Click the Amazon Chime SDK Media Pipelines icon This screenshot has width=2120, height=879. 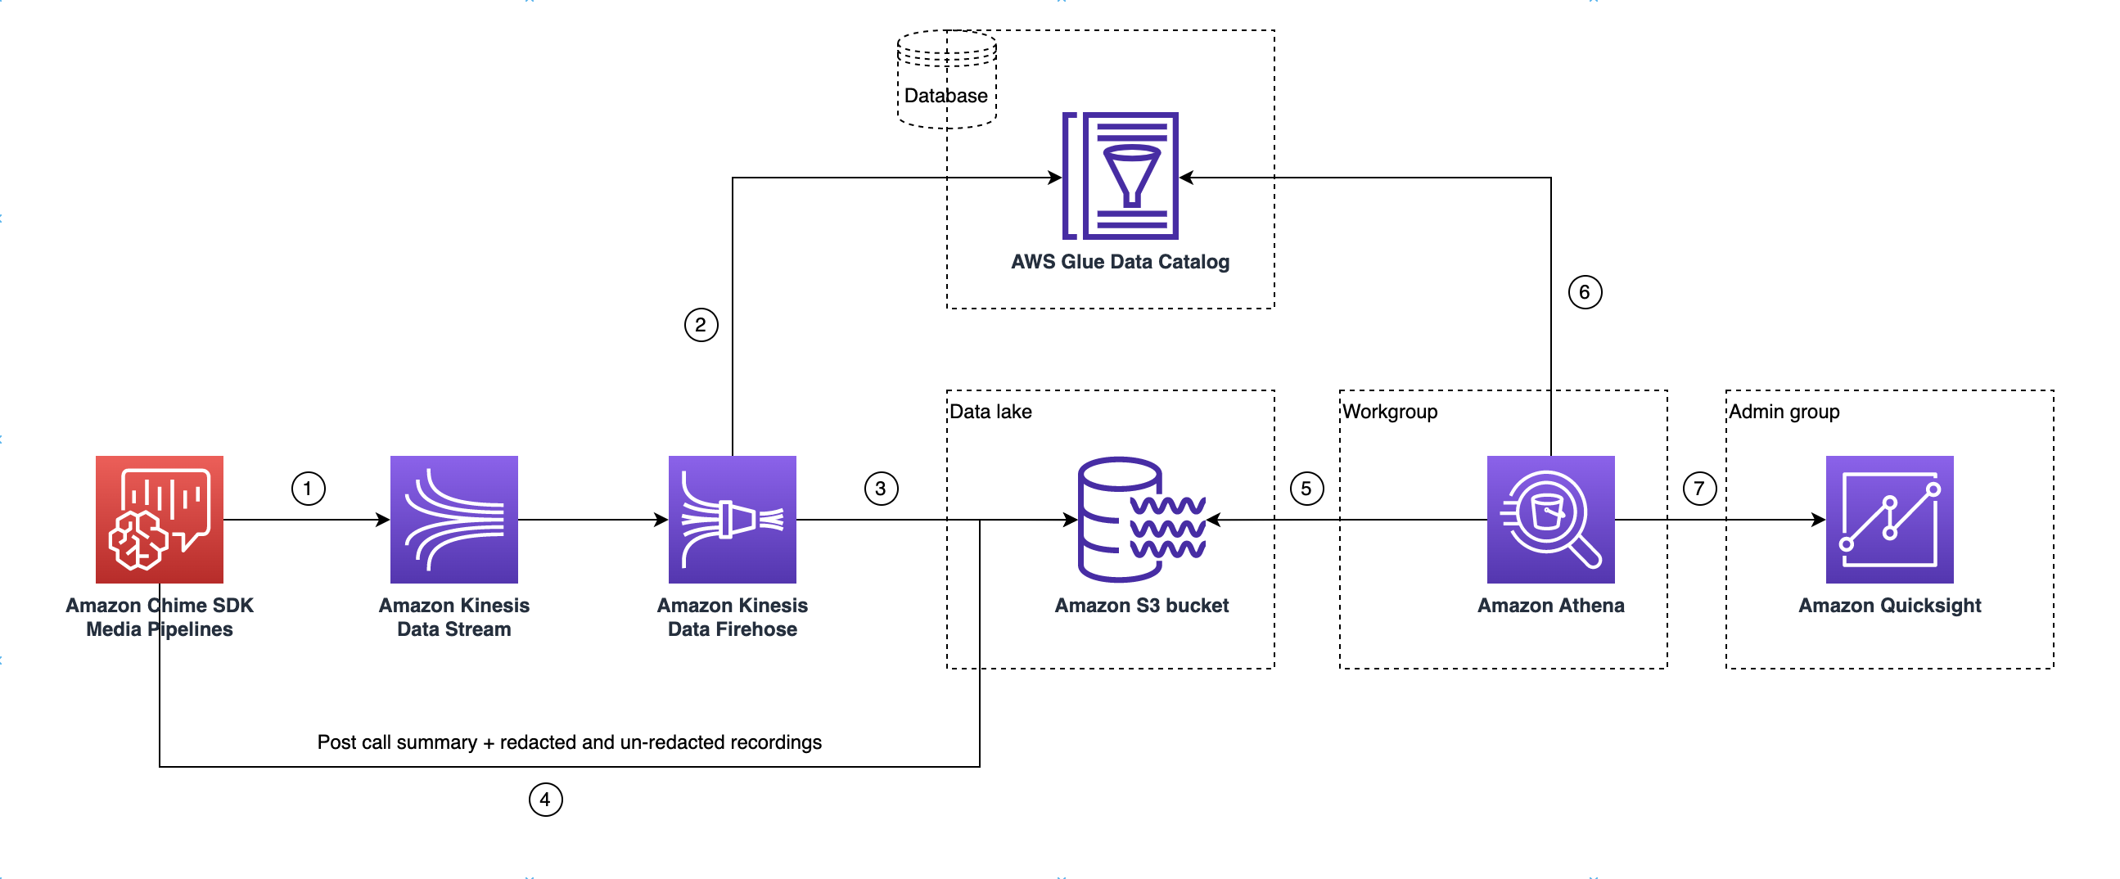click(159, 520)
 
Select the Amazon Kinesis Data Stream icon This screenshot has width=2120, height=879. click(453, 520)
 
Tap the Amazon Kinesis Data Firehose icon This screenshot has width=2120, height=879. click(732, 520)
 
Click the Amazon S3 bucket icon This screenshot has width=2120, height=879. click(1142, 520)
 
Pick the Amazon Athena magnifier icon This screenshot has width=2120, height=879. click(1549, 520)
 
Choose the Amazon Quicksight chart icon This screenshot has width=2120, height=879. click(1888, 520)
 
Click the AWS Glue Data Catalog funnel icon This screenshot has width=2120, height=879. click(1120, 175)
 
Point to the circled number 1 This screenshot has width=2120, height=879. click(308, 488)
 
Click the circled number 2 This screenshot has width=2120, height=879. click(701, 324)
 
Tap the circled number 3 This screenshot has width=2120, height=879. click(881, 488)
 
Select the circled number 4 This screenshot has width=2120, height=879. click(545, 799)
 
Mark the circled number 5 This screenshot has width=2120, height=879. click(1306, 488)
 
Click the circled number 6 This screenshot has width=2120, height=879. click(1584, 291)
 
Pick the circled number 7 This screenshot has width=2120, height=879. click(1698, 488)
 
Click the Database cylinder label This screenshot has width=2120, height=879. click(945, 96)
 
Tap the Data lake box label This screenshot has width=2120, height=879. click(990, 412)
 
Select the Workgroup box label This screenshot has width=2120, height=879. click(1389, 412)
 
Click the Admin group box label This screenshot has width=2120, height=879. click(1783, 412)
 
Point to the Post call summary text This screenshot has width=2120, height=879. click(569, 742)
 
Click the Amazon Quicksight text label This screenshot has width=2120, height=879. click(1888, 605)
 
